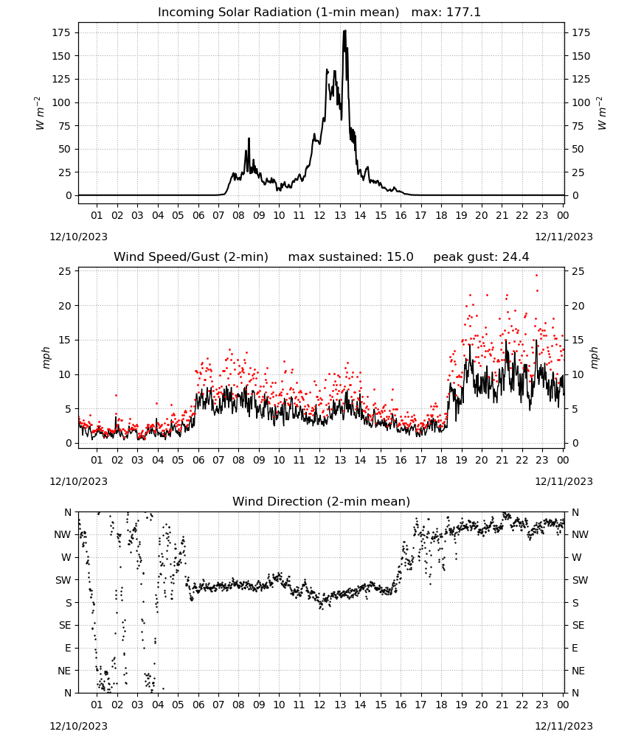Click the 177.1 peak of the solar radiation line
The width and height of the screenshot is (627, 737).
[344, 30]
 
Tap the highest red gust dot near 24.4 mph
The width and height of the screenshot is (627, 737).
[537, 275]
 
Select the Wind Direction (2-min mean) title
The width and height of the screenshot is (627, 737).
[322, 501]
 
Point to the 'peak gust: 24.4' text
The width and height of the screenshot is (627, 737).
[481, 256]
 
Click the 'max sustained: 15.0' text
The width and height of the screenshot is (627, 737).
[350, 256]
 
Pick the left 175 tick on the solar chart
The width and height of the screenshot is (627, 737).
[62, 33]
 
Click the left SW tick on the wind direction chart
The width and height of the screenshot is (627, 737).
[63, 580]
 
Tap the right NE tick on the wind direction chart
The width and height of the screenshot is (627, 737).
[578, 671]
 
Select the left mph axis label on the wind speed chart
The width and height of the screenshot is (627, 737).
[46, 357]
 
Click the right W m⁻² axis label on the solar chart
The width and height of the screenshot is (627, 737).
[602, 113]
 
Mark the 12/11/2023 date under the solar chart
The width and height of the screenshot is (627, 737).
[564, 237]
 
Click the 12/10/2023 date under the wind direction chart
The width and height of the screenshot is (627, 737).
[78, 726]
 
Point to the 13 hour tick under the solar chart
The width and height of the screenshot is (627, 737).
[340, 215]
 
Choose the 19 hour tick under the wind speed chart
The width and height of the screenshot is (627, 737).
[462, 460]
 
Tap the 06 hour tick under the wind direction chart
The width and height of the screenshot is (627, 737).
[198, 705]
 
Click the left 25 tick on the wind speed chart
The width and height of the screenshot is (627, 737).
[66, 271]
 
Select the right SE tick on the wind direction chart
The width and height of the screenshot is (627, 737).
[578, 625]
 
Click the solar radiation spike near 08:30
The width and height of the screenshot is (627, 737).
[249, 139]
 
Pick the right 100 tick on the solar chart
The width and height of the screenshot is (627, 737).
[581, 102]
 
